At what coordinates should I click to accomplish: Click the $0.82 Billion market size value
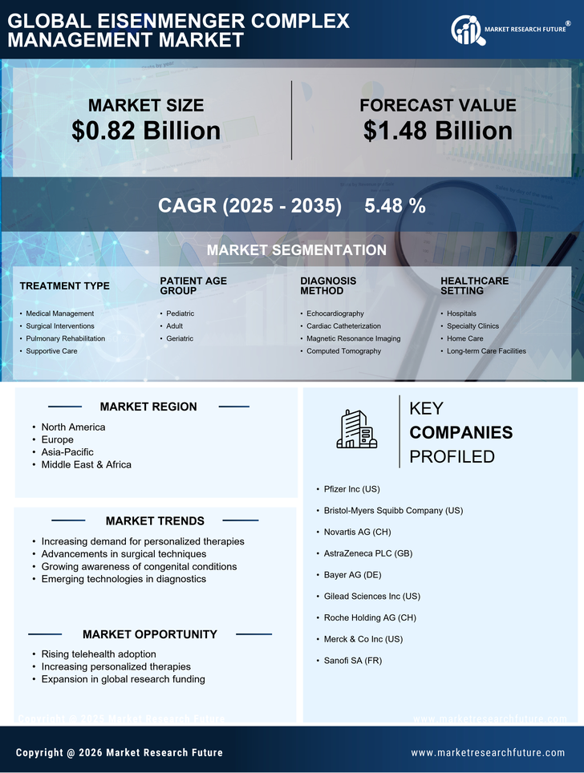146,131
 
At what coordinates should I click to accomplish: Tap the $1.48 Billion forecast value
437,131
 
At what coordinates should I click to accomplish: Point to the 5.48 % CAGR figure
395,205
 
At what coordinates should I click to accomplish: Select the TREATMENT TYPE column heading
64,286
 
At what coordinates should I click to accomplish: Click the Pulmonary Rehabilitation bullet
65,338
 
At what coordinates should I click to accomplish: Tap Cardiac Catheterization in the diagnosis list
343,326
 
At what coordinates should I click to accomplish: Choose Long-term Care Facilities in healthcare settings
486,351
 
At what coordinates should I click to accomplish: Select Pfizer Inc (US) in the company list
352,488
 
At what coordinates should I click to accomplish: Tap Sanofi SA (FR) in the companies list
354,660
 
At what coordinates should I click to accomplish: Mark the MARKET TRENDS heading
155,521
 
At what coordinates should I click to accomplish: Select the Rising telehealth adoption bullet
99,654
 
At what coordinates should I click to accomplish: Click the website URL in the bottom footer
488,753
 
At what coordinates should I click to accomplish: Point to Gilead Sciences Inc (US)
371,597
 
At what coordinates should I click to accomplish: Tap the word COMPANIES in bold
460,433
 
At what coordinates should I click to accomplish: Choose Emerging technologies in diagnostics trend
124,579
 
